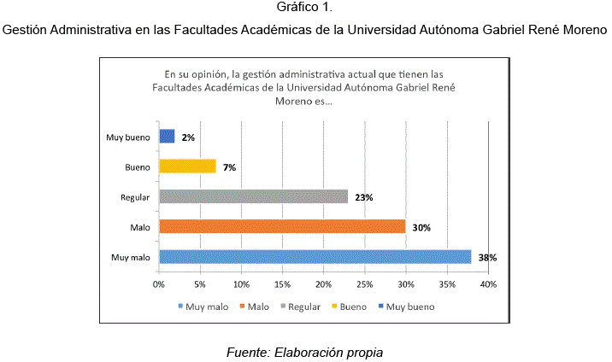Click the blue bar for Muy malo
pyautogui.click(x=315, y=256)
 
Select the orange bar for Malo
pyautogui.click(x=282, y=226)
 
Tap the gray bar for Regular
pyautogui.click(x=253, y=196)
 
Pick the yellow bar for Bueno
pyautogui.click(x=187, y=166)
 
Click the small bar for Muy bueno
pyautogui.click(x=167, y=137)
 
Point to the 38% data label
pyautogui.click(x=487, y=257)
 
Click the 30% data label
pyautogui.click(x=421, y=227)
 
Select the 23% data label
pyautogui.click(x=363, y=197)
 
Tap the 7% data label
pyautogui.click(x=229, y=167)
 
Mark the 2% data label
pyautogui.click(x=188, y=137)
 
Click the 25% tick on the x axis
pyautogui.click(x=364, y=283)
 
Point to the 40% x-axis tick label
pyautogui.click(x=488, y=283)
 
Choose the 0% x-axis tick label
pyautogui.click(x=159, y=283)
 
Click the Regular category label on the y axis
pyautogui.click(x=135, y=197)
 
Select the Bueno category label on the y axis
pyautogui.click(x=138, y=167)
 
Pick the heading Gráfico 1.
pyautogui.click(x=305, y=9)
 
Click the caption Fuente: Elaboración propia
pyautogui.click(x=305, y=352)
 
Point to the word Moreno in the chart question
pyautogui.click(x=294, y=101)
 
